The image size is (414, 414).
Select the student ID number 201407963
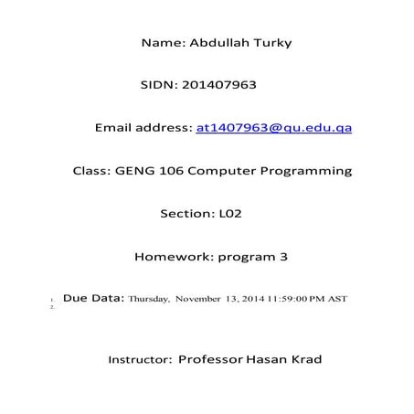pyautogui.click(x=220, y=85)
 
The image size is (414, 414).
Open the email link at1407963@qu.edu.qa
pyautogui.click(x=273, y=128)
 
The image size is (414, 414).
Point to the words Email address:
pyautogui.click(x=143, y=128)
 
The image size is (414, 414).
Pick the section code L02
pyautogui.click(x=229, y=214)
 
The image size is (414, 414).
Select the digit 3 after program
pyautogui.click(x=283, y=257)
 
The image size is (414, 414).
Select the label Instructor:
pyautogui.click(x=141, y=360)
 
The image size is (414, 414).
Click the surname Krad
pyautogui.click(x=303, y=359)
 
